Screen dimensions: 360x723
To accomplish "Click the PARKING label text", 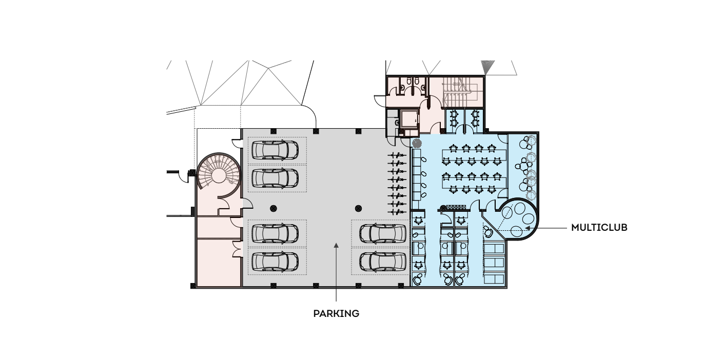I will [x=336, y=313].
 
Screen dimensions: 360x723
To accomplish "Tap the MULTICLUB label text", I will [x=599, y=227].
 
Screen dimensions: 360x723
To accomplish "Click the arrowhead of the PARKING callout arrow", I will [x=336, y=246].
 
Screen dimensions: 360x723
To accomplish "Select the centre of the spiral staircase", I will [x=218, y=176].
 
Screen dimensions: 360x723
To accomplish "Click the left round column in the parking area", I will [x=273, y=208].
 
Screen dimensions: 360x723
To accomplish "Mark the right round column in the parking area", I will [x=358, y=208].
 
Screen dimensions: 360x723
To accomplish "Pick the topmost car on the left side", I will [x=276, y=149].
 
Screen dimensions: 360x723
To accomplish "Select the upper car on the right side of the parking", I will [x=380, y=233].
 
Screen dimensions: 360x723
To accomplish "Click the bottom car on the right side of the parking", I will [x=380, y=262].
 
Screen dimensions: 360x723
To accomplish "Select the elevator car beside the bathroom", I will [x=409, y=119].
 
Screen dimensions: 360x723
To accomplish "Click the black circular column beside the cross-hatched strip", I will [x=442, y=208].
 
